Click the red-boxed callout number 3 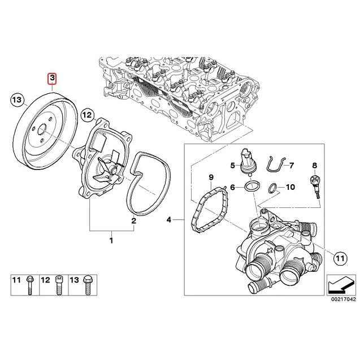(52, 78)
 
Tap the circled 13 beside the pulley (18, 101)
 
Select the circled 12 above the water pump (86, 115)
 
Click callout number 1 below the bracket (111, 241)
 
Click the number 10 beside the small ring (290, 186)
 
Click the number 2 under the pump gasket (133, 221)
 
